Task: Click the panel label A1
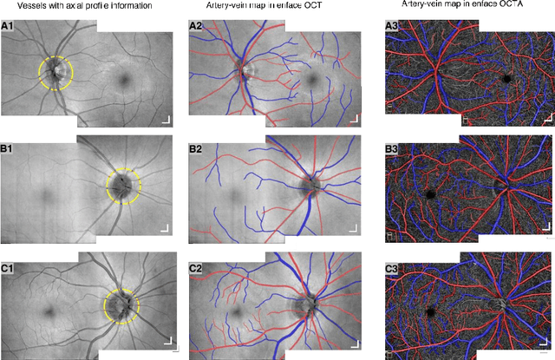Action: tap(8, 26)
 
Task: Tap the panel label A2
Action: tap(197, 26)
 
